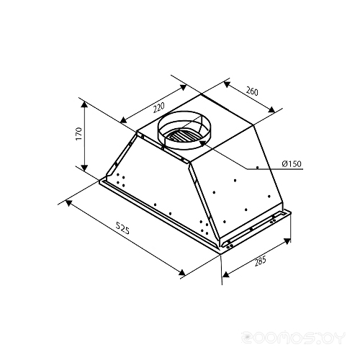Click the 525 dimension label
pyautogui.click(x=122, y=228)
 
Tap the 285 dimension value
pyautogui.click(x=260, y=261)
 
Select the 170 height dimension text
pyautogui.click(x=78, y=134)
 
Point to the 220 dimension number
pyautogui.click(x=158, y=107)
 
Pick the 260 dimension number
pyautogui.click(x=252, y=91)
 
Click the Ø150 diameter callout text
pyautogui.click(x=292, y=164)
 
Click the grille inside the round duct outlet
pyautogui.click(x=181, y=138)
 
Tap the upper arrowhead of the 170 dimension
pyautogui.click(x=84, y=104)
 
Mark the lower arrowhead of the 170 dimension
pyautogui.click(x=84, y=168)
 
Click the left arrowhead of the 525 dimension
pyautogui.click(x=68, y=203)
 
